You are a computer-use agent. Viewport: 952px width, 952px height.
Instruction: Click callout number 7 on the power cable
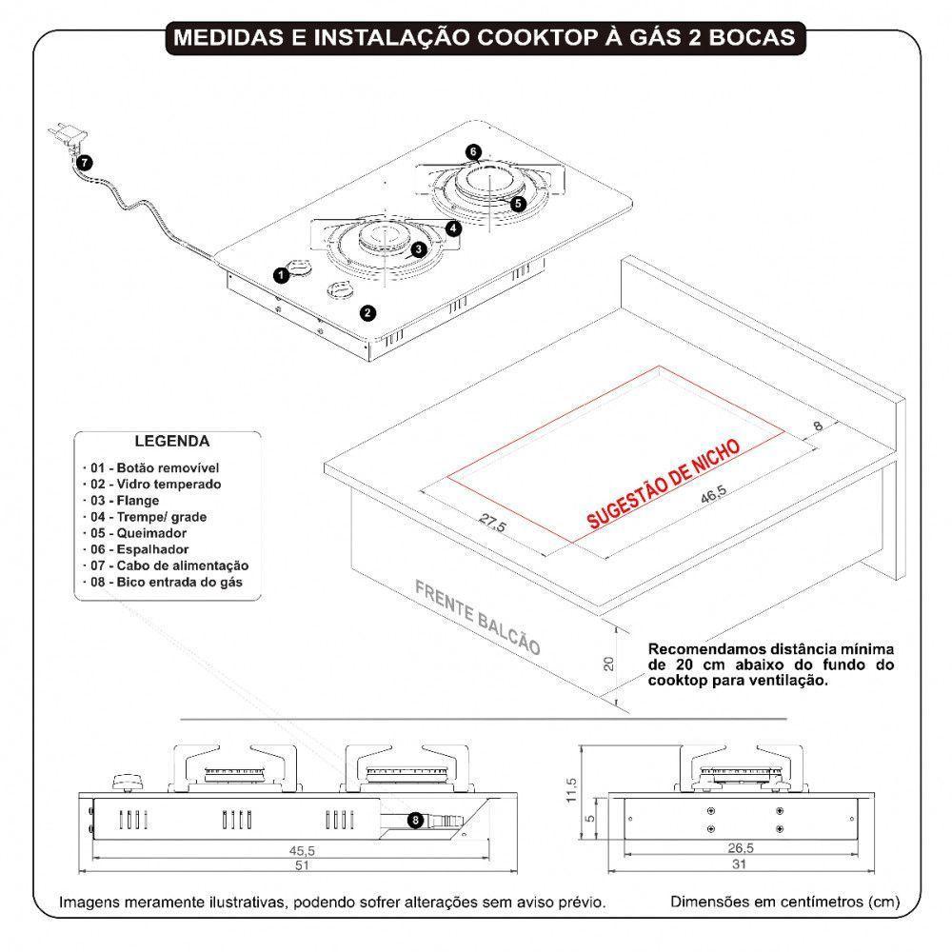(x=85, y=163)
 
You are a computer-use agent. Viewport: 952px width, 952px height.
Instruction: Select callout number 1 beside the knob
(x=281, y=275)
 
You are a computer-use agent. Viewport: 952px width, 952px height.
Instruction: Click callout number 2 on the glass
(x=367, y=311)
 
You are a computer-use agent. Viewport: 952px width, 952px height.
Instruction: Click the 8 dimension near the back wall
(x=816, y=427)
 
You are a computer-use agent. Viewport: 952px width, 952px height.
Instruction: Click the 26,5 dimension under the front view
(x=742, y=849)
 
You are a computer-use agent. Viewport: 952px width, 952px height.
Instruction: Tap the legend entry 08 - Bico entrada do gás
(x=161, y=581)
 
